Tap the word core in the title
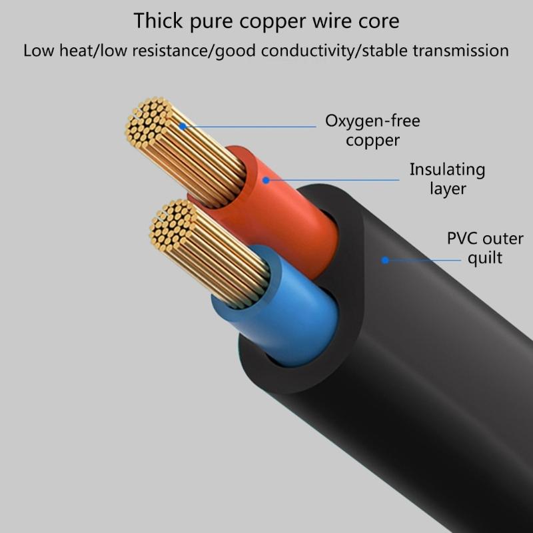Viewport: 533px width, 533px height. [x=378, y=21]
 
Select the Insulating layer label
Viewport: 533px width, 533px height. [x=447, y=179]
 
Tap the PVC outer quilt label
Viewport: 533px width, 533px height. [x=484, y=248]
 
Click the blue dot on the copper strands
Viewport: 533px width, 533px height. [x=182, y=126]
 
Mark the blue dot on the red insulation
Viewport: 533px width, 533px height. [x=265, y=179]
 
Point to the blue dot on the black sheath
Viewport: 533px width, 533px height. [x=385, y=260]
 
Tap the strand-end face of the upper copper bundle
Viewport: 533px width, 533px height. [x=148, y=122]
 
